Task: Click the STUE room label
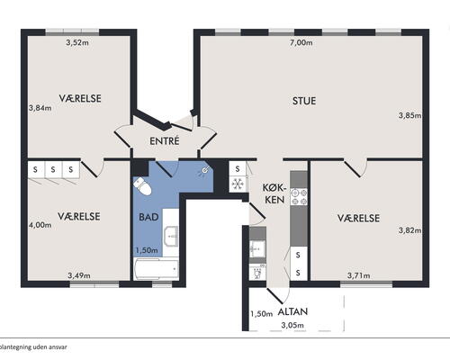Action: pos(304,101)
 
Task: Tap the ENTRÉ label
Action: pos(165,141)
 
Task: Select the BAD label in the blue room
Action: pos(148,217)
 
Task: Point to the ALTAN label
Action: pos(292,311)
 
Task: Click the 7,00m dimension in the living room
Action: pos(301,42)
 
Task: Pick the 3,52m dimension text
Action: pos(77,42)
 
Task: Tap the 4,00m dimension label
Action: pos(40,225)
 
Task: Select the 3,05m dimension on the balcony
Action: pos(292,325)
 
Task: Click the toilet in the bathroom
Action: pos(142,186)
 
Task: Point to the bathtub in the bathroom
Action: pos(156,269)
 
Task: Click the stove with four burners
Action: pos(299,197)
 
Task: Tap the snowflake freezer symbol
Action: pos(238,184)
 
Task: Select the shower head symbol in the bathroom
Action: pos(205,170)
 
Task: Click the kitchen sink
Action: pos(257,248)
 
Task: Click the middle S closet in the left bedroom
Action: pos(53,170)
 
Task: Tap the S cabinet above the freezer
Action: pos(238,169)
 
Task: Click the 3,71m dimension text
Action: pos(358,275)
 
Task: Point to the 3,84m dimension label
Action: pos(40,108)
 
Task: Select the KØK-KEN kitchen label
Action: pos(274,193)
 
